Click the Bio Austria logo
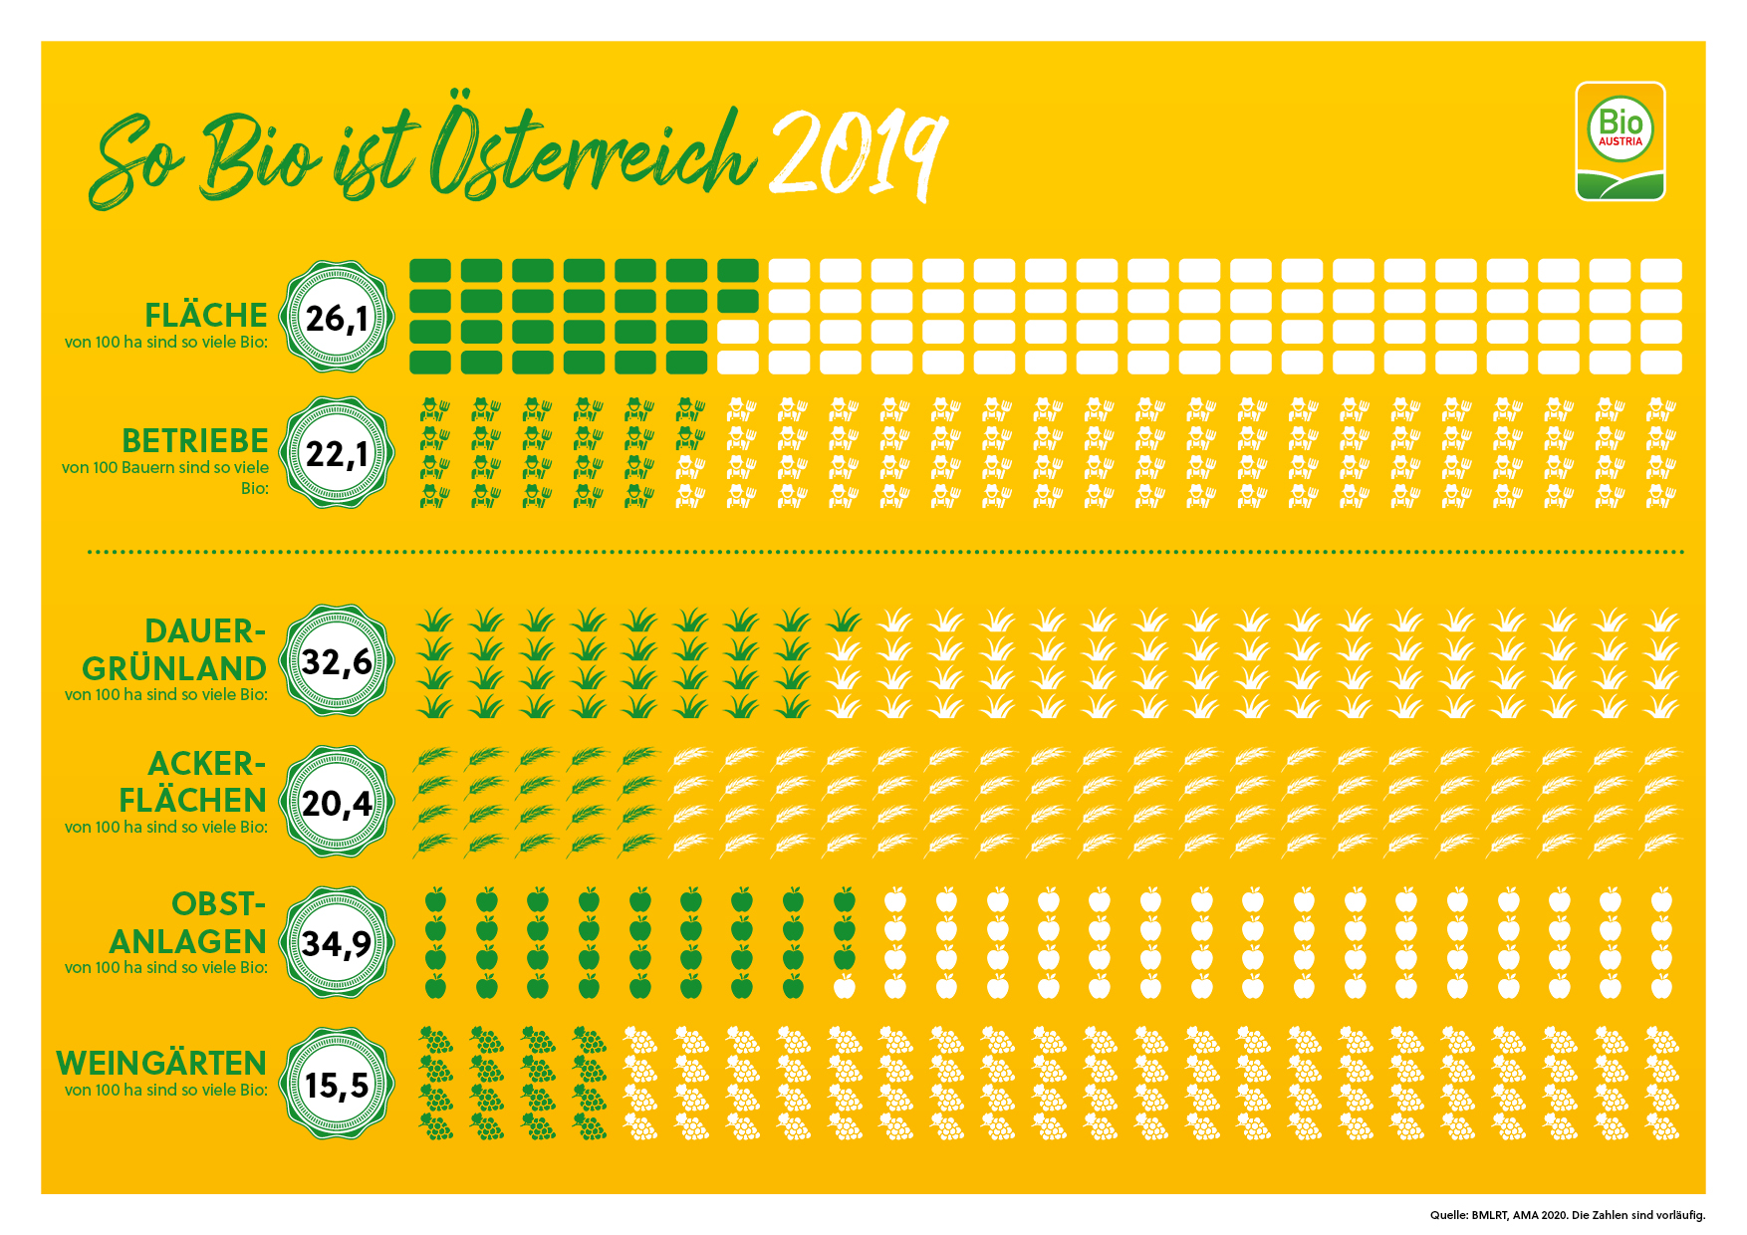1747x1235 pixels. tap(1620, 140)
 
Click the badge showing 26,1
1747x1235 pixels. tap(337, 319)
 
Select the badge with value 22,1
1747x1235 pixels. tap(337, 454)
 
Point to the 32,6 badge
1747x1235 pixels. tap(337, 661)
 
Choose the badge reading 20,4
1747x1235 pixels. tap(337, 802)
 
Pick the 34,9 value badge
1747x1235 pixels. tap(337, 942)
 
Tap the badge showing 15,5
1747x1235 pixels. tap(337, 1085)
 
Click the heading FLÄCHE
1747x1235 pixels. tap(205, 316)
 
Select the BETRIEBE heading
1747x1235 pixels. tap(195, 441)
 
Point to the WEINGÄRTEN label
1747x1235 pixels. tap(161, 1064)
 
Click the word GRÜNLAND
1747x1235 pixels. tap(173, 669)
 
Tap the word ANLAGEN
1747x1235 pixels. tap(187, 942)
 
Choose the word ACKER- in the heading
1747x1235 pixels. tap(206, 764)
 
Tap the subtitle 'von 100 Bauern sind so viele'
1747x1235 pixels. tap(165, 467)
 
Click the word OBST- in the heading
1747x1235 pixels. tap(218, 904)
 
